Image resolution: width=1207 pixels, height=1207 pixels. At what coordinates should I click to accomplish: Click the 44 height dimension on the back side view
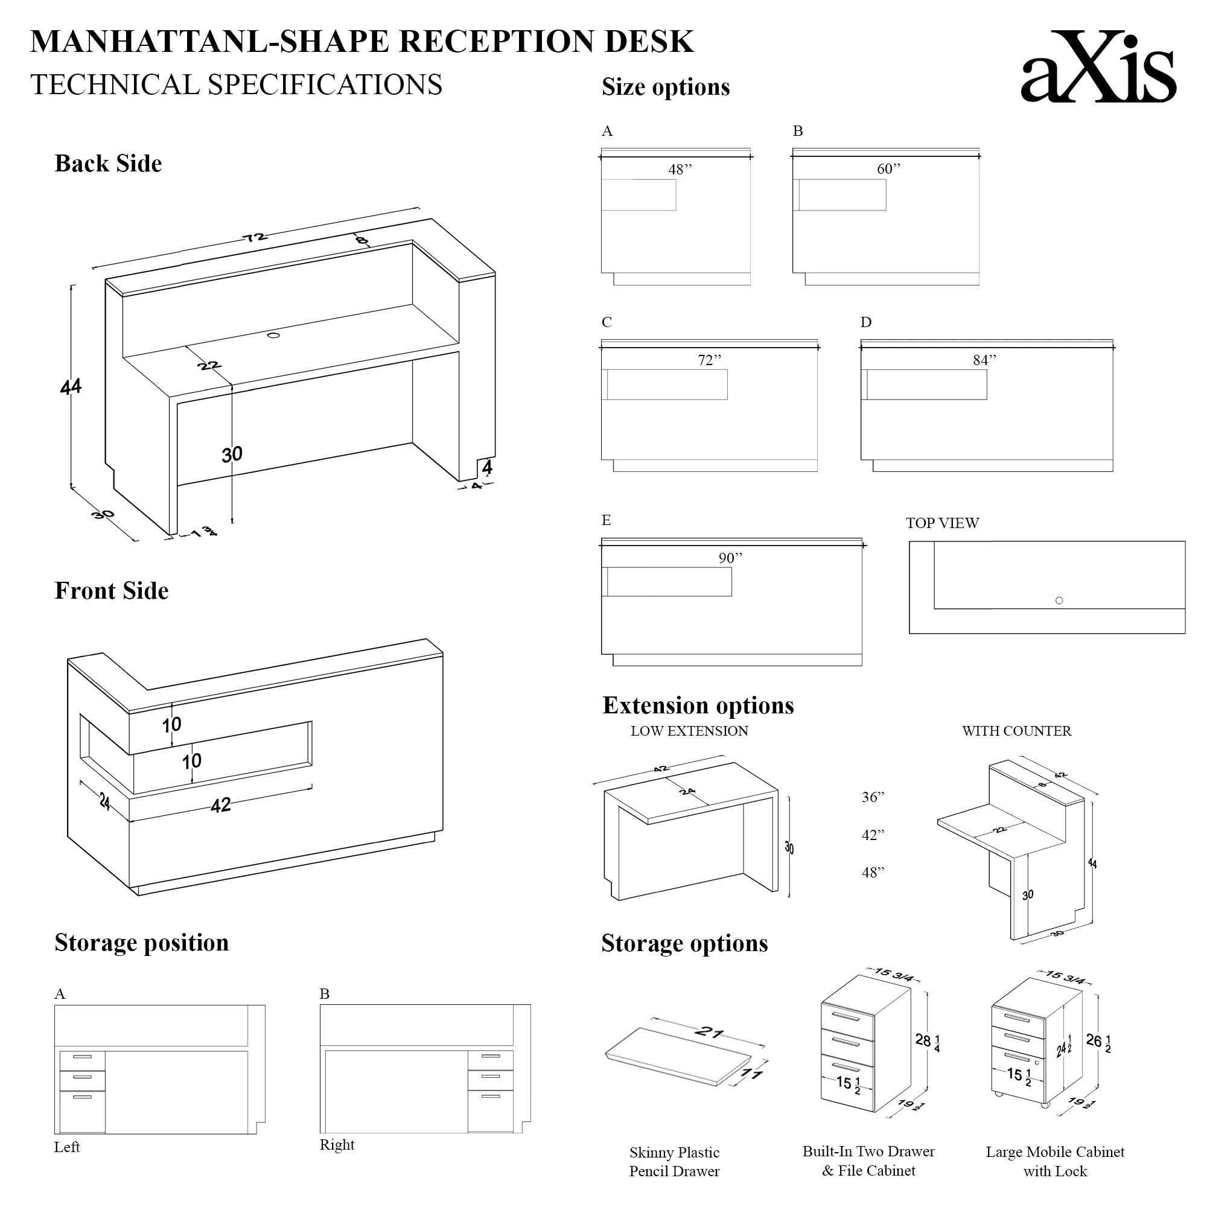pos(71,387)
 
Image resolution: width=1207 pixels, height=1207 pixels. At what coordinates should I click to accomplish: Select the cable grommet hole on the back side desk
pos(273,336)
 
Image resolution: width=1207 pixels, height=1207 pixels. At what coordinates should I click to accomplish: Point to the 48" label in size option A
pos(680,170)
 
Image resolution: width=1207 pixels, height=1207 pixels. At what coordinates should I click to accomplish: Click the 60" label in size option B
pos(888,169)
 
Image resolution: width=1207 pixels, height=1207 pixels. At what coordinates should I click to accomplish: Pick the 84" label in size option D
pos(984,360)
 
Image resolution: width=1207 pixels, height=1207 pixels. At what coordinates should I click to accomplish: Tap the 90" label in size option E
pos(730,558)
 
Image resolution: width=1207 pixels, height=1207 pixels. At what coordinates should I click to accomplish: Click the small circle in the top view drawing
pos(1059,600)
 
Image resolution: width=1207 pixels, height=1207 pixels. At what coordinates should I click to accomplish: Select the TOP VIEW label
pos(942,523)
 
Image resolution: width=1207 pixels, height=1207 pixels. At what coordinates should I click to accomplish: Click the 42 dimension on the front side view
pos(220,805)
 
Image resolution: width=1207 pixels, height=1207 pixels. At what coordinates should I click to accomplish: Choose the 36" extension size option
pos(873,797)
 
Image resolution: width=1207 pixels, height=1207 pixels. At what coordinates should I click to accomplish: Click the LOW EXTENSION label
pos(689,731)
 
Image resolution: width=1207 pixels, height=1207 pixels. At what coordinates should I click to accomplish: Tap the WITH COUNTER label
pos(1016,731)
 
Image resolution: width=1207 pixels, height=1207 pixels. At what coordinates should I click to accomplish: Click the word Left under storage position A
pos(67,1147)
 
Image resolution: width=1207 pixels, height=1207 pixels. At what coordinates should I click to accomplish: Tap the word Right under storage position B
pos(337,1144)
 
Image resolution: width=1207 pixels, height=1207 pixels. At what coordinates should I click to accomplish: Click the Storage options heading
pos(684,943)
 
